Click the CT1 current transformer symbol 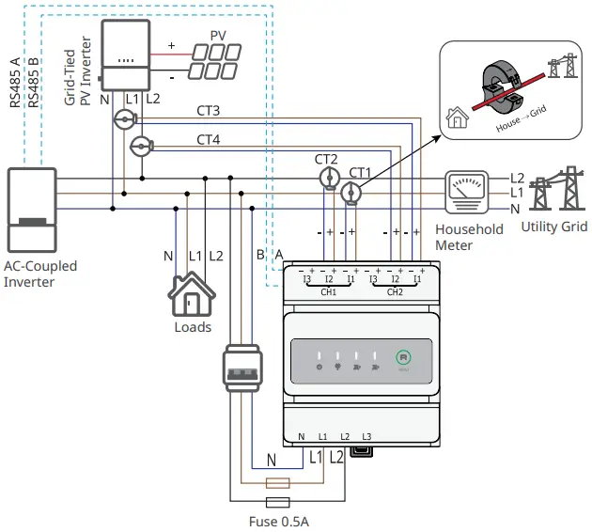(351, 193)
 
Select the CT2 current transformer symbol (328, 178)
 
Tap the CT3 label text (209, 112)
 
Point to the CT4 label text (209, 140)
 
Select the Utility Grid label (555, 227)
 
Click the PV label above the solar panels (218, 35)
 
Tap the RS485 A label (15, 83)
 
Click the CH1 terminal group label (329, 292)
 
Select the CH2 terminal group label (395, 292)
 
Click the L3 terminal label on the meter (366, 437)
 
